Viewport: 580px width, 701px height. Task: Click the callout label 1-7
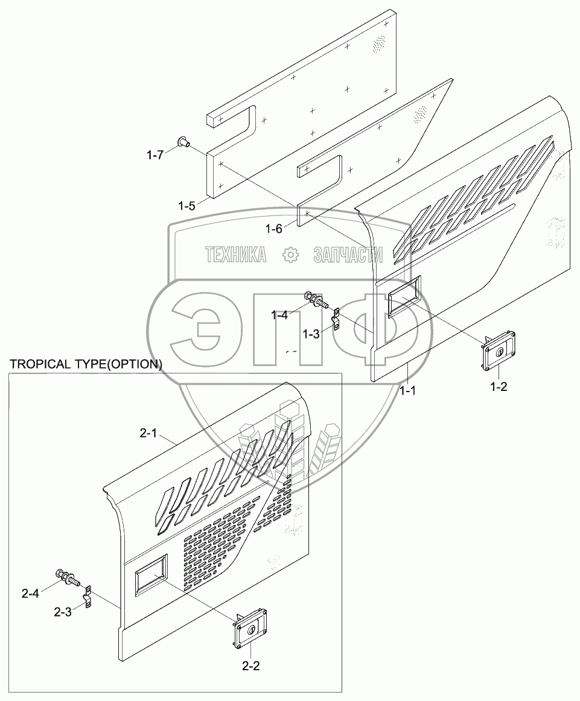click(x=155, y=155)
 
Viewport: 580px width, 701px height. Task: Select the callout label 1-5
click(x=186, y=206)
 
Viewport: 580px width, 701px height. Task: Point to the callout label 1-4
click(x=279, y=314)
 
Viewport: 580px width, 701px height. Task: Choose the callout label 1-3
click(x=311, y=334)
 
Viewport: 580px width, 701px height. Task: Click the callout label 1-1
click(x=408, y=390)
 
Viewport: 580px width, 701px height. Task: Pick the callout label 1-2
click(x=499, y=387)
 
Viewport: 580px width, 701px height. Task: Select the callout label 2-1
click(x=148, y=433)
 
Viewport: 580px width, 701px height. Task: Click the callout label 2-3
click(x=62, y=612)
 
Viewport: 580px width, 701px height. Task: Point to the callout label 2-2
click(x=251, y=667)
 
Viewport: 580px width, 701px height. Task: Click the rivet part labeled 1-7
click(x=183, y=142)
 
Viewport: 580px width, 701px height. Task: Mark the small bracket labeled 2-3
click(x=88, y=597)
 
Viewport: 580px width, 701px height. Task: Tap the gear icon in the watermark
click(x=290, y=255)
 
